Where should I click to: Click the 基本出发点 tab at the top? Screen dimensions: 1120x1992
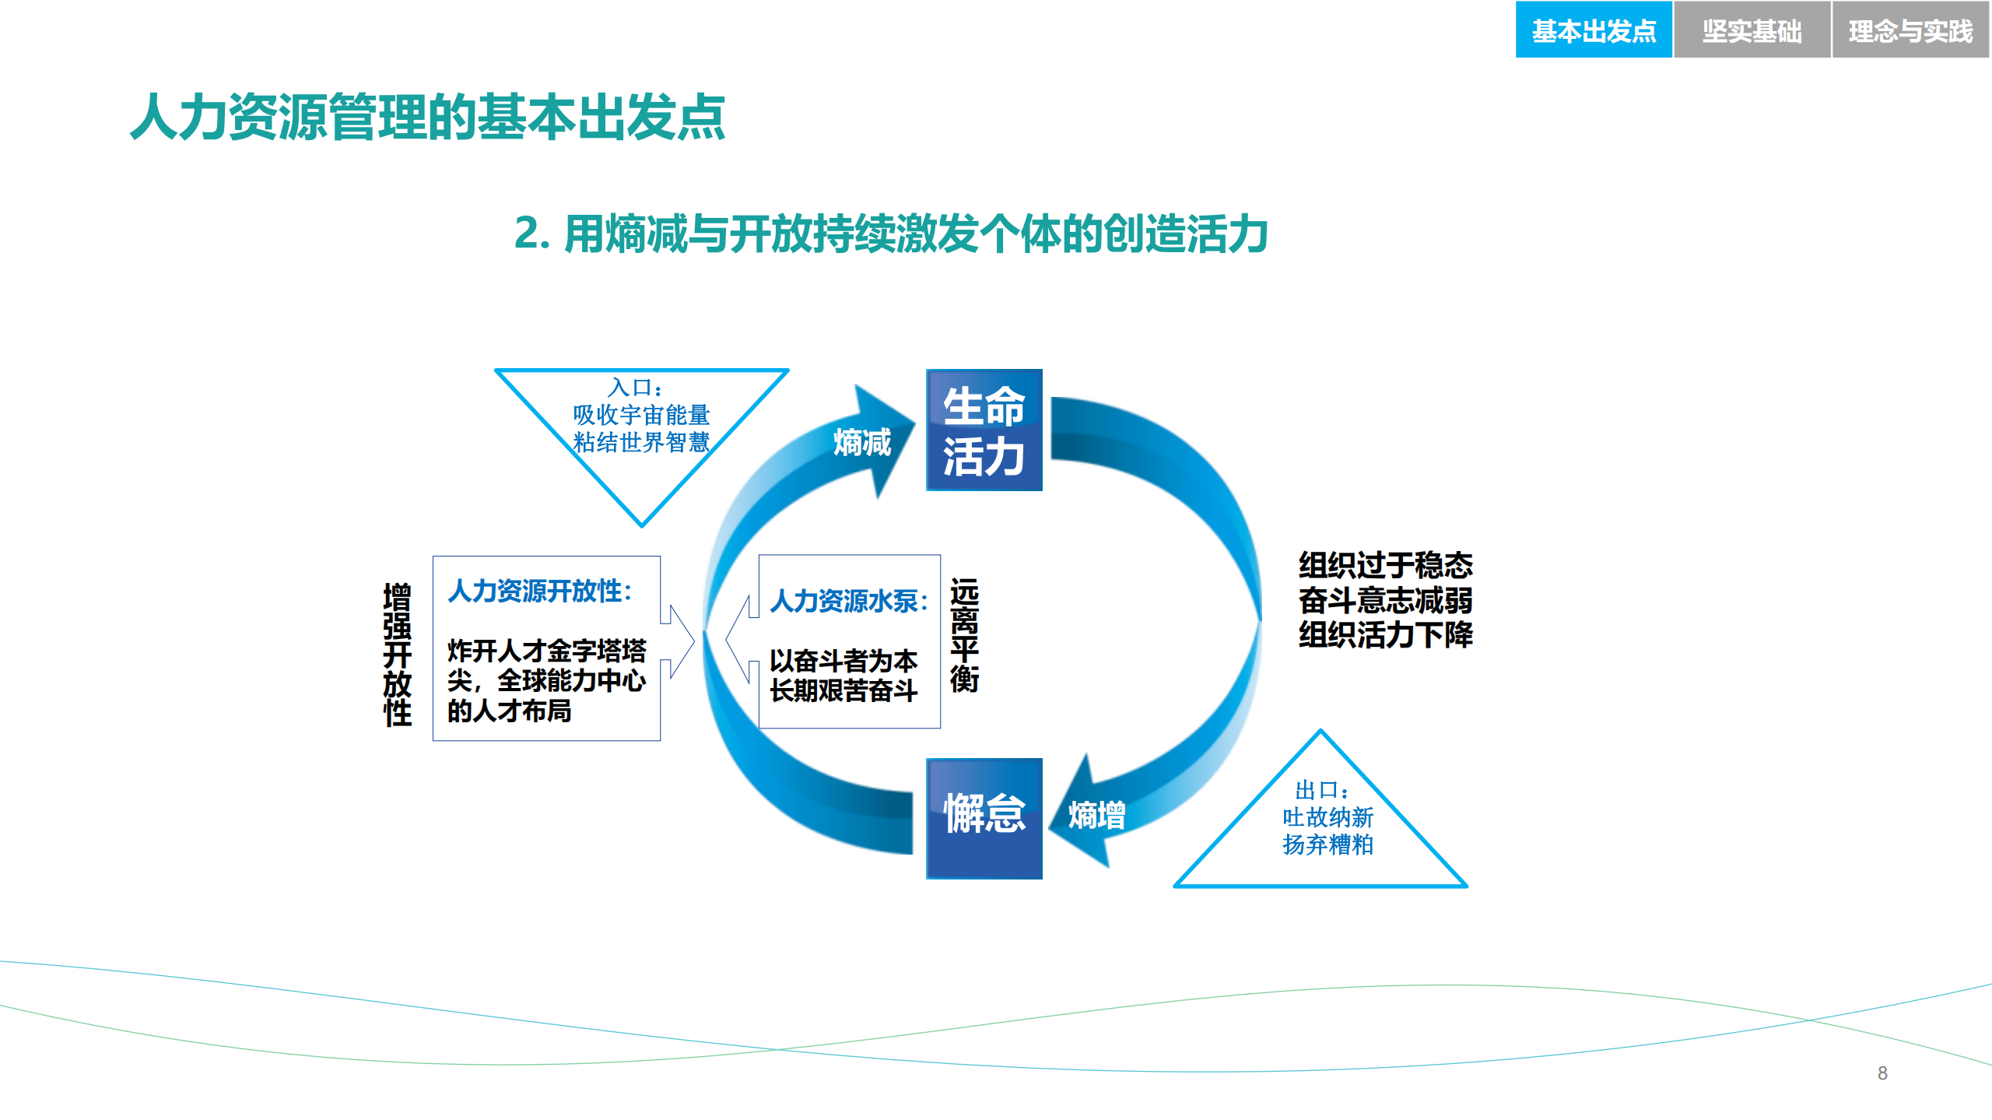[1593, 30]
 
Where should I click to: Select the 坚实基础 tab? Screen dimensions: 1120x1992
[1752, 30]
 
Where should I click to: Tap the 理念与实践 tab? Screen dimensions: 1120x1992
[1910, 30]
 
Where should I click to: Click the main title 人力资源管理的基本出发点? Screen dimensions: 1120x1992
[428, 118]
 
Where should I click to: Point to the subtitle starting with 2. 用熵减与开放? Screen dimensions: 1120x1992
[891, 233]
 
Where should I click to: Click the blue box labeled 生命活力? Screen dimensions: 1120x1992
[984, 430]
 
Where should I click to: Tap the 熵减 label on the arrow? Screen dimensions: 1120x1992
[862, 442]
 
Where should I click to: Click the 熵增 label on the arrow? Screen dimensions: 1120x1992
[1096, 816]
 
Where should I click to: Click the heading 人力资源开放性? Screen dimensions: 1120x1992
[539, 591]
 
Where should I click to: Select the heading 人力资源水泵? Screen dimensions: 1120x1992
[849, 601]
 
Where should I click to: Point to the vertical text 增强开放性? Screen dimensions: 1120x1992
[397, 655]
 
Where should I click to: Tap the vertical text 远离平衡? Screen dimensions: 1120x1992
[964, 635]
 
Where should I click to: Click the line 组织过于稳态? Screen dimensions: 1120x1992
[1385, 565]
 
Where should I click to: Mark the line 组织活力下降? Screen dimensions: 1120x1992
[1385, 635]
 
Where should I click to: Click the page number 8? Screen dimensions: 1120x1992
[1882, 1073]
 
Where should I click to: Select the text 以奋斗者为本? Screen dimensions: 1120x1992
[843, 661]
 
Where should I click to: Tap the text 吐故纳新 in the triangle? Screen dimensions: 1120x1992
[1327, 817]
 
